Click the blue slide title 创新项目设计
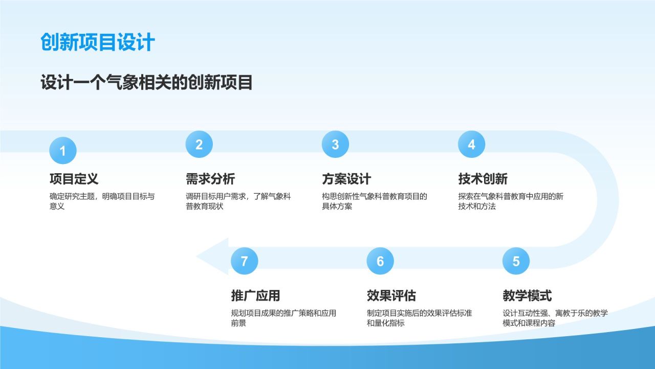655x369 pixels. [98, 42]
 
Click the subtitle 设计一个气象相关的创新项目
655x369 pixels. [146, 83]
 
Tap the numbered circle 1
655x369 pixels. [63, 151]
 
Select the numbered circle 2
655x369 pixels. [199, 144]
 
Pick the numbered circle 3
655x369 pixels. [335, 144]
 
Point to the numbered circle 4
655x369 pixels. [472, 144]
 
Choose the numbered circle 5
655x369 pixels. [516, 261]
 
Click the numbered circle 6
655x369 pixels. [380, 261]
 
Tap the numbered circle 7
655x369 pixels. [245, 261]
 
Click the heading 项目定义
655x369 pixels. [74, 179]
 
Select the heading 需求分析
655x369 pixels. [210, 179]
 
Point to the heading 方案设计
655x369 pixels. [346, 179]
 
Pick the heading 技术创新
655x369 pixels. [483, 179]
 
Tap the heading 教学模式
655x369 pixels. [527, 296]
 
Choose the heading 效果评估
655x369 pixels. [391, 296]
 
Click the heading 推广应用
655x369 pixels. [255, 296]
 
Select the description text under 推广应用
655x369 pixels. [283, 318]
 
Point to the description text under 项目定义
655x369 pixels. [102, 201]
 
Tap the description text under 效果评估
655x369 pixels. [419, 318]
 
